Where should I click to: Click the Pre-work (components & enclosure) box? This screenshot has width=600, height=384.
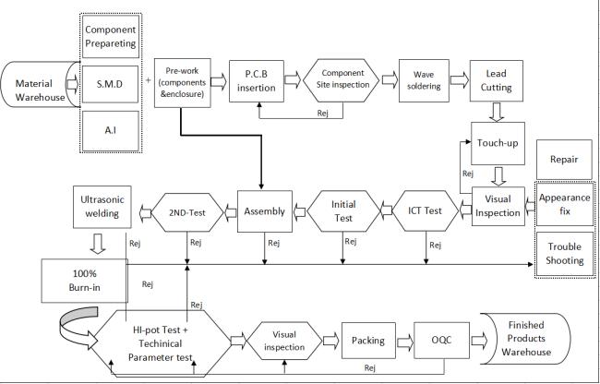point(183,81)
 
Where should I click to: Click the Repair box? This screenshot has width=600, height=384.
point(563,160)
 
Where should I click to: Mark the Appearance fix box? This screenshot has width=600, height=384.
point(563,204)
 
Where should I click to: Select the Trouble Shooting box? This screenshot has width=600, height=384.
point(563,253)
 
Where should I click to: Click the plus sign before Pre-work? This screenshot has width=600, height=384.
point(150,80)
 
